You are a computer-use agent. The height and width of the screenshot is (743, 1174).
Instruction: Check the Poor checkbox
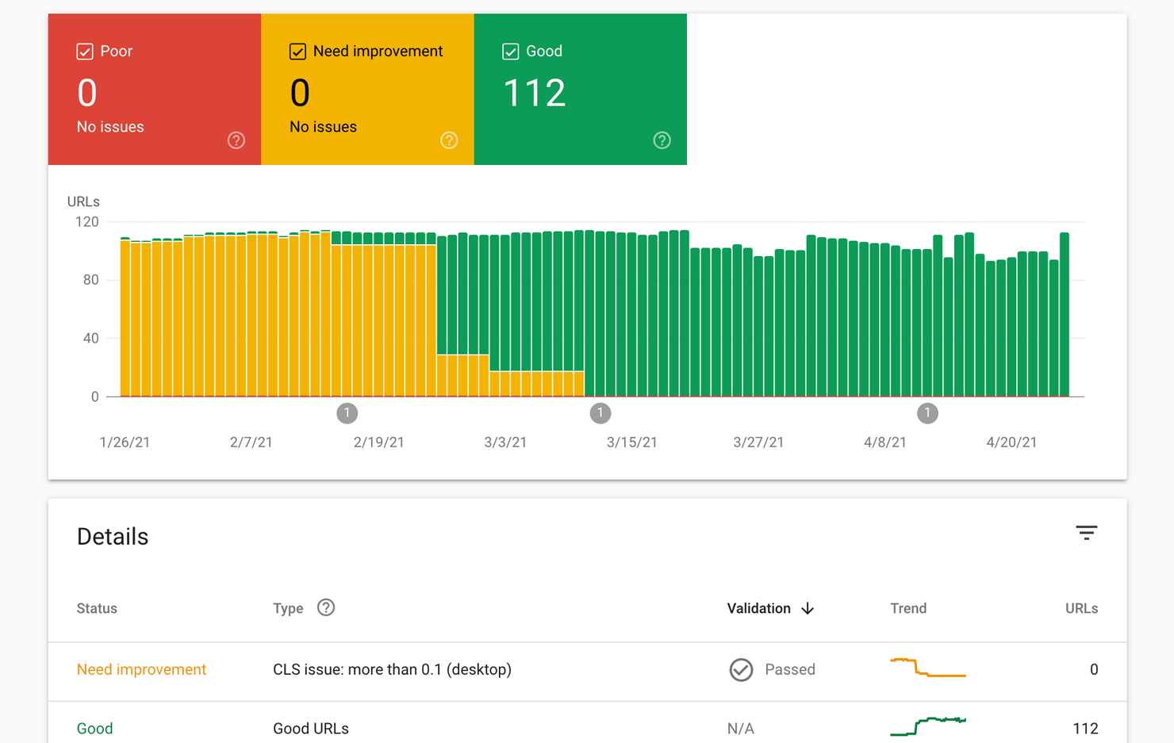(85, 52)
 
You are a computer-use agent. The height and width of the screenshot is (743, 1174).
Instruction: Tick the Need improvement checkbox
(297, 52)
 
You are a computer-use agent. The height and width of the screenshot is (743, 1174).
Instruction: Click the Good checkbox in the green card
(511, 52)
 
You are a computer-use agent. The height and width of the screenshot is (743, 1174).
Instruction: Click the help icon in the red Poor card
(236, 140)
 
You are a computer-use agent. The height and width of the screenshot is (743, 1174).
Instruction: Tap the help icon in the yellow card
(449, 140)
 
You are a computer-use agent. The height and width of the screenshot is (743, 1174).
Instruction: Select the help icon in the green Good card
(662, 140)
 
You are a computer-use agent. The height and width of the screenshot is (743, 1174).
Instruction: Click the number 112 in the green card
(534, 94)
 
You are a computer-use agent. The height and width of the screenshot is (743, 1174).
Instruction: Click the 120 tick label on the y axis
(86, 222)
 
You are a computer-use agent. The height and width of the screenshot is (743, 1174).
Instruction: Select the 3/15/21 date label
(631, 442)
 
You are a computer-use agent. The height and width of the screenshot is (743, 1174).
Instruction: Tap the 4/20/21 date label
(1011, 442)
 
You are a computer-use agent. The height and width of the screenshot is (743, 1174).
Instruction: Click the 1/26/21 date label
(125, 442)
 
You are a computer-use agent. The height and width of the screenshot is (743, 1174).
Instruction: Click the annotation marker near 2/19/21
(347, 413)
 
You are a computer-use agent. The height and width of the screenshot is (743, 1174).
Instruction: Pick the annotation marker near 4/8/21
(927, 413)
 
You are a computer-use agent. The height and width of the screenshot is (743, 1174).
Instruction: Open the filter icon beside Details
(1086, 533)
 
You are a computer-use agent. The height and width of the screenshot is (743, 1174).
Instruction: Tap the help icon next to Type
(326, 607)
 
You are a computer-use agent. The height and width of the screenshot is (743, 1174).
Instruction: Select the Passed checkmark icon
(741, 670)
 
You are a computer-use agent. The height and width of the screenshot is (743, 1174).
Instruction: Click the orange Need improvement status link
(141, 669)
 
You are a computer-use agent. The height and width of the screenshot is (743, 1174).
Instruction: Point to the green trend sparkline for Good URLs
(927, 726)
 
